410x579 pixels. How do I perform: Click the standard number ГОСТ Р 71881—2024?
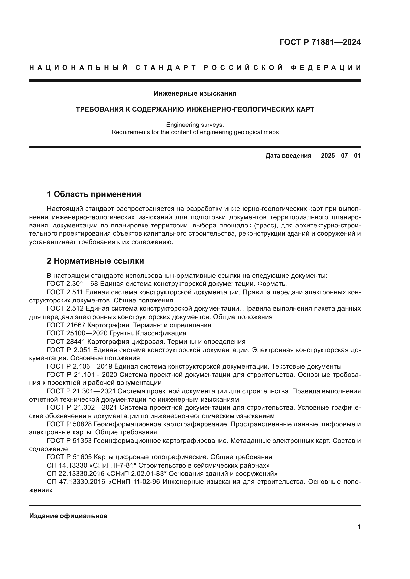(x=320, y=42)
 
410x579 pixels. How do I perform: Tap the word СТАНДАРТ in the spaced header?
(x=166, y=68)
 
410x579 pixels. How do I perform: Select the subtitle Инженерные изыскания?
(x=195, y=94)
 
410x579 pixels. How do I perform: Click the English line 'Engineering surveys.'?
(x=195, y=125)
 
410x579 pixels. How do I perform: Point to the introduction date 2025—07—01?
(x=341, y=156)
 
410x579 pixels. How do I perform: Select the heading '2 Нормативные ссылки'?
(x=95, y=261)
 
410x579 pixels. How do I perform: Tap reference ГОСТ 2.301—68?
(x=72, y=284)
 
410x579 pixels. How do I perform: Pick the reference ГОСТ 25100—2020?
(x=77, y=333)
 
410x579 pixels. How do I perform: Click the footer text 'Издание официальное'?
(x=68, y=516)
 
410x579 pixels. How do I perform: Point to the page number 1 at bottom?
(x=359, y=527)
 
